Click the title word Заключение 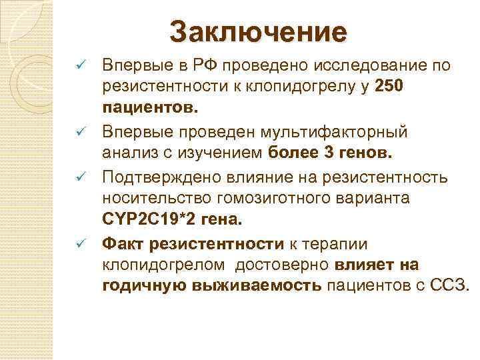[x=259, y=32]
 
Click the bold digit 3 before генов [x=328, y=153]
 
